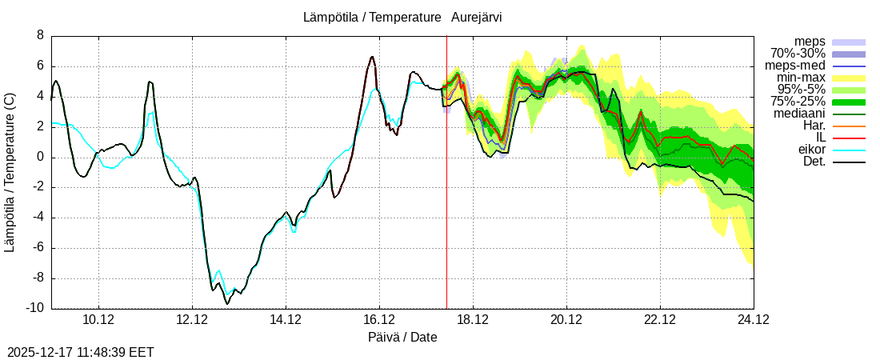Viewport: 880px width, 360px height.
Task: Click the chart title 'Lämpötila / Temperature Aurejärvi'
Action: click(x=402, y=17)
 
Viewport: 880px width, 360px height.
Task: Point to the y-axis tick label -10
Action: click(x=35, y=309)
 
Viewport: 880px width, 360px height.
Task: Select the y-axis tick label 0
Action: click(x=40, y=157)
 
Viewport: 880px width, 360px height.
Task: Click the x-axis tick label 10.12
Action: click(x=98, y=320)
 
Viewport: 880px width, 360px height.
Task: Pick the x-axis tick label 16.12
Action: click(x=379, y=320)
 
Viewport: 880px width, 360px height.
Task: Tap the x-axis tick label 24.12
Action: click(x=754, y=320)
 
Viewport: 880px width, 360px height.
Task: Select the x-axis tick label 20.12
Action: click(x=566, y=320)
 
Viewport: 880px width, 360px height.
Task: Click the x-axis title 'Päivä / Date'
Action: click(x=402, y=337)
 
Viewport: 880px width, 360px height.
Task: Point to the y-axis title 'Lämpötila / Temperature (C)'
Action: click(x=10, y=172)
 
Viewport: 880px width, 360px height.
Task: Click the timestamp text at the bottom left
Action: click(x=80, y=352)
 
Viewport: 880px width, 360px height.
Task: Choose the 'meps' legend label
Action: click(x=810, y=42)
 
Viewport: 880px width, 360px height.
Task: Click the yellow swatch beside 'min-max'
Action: click(x=849, y=78)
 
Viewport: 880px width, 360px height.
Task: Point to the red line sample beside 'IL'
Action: click(x=849, y=138)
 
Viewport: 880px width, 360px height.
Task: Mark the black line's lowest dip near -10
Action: click(x=227, y=304)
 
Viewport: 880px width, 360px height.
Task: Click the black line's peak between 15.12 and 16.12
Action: click(x=372, y=57)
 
